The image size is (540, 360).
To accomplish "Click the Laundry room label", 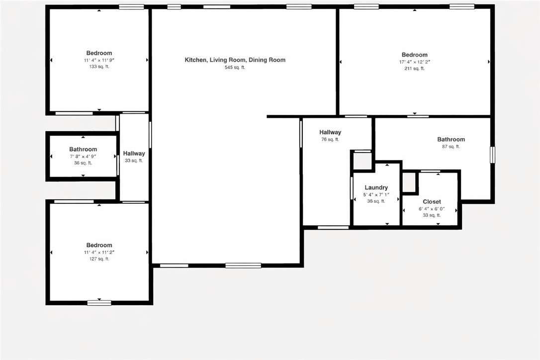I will tap(376, 187).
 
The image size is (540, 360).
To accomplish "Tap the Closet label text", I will tap(432, 202).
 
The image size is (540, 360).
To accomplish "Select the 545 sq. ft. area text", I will tap(235, 67).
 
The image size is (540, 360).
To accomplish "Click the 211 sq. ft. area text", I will tap(414, 69).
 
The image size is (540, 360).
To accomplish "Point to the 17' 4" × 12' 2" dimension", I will tap(414, 62).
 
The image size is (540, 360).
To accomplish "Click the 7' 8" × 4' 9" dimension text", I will tap(83, 157).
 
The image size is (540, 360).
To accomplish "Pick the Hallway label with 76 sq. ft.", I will tap(330, 132).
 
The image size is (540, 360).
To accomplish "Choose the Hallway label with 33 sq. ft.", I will tap(134, 154).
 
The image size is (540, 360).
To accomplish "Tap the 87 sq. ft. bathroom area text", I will tap(450, 147).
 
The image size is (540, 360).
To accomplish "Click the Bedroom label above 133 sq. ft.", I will tap(99, 53).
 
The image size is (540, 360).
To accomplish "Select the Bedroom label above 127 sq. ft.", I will tap(99, 245).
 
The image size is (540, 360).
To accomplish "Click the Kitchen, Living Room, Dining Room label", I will tap(235, 60).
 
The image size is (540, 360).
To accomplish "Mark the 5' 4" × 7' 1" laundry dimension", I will tap(376, 194).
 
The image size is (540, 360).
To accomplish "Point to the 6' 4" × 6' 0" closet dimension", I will tap(432, 209).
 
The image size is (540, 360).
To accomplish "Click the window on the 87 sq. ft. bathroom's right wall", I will tap(492, 155).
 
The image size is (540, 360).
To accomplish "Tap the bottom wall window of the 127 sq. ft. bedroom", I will tap(99, 302).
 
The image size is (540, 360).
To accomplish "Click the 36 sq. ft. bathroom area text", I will tap(83, 163).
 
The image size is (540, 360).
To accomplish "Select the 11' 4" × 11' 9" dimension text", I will tap(99, 60).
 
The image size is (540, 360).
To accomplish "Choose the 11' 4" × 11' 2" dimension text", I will tap(99, 252).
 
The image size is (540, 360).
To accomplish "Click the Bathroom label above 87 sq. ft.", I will tap(450, 140).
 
